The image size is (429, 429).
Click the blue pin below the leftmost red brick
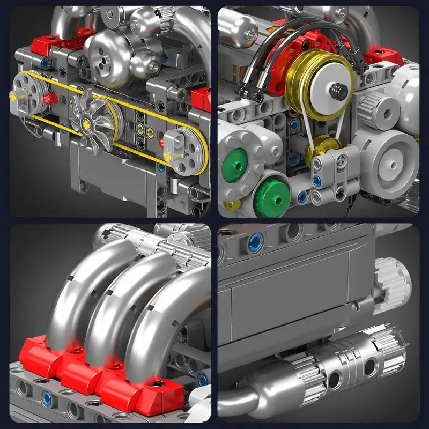tap(47, 398)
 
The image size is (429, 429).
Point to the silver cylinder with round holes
tap(343, 365)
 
